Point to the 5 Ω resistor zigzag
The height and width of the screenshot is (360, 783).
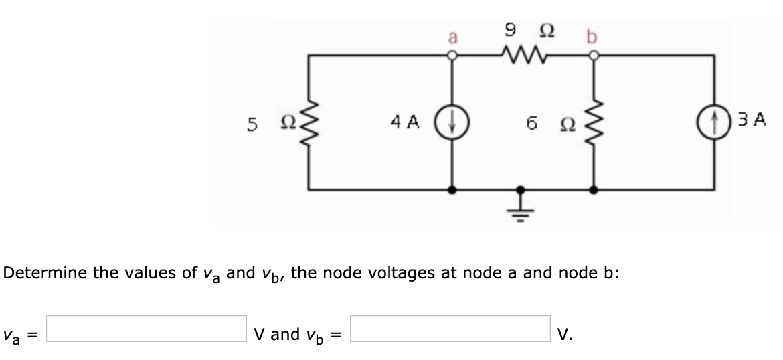(x=309, y=124)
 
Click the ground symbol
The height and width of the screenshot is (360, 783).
(x=523, y=207)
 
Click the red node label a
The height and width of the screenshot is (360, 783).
(x=452, y=38)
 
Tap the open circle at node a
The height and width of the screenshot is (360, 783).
(x=452, y=56)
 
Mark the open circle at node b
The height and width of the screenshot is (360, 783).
(x=594, y=56)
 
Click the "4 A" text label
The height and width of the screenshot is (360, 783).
(x=405, y=123)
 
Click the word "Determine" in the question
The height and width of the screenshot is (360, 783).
(x=48, y=273)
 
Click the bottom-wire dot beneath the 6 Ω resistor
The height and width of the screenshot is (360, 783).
(x=594, y=190)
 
